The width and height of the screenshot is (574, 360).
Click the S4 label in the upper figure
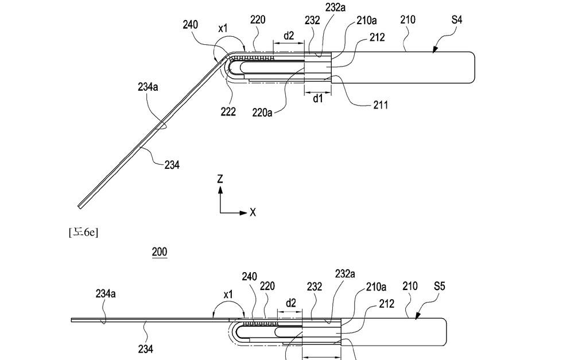click(x=456, y=20)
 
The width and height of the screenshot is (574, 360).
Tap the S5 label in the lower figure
click(x=439, y=286)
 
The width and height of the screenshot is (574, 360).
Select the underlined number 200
click(x=159, y=252)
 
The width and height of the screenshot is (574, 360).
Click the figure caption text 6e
click(x=83, y=232)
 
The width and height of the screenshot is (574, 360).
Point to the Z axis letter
click(x=220, y=179)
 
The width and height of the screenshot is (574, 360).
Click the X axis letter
click(x=253, y=212)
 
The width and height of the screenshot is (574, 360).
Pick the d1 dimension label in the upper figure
click(x=318, y=99)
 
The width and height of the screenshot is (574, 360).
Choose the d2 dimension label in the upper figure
click(x=289, y=36)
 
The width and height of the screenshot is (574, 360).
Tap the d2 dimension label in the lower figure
click(x=290, y=304)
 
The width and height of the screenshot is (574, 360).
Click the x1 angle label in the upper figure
click(x=223, y=28)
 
